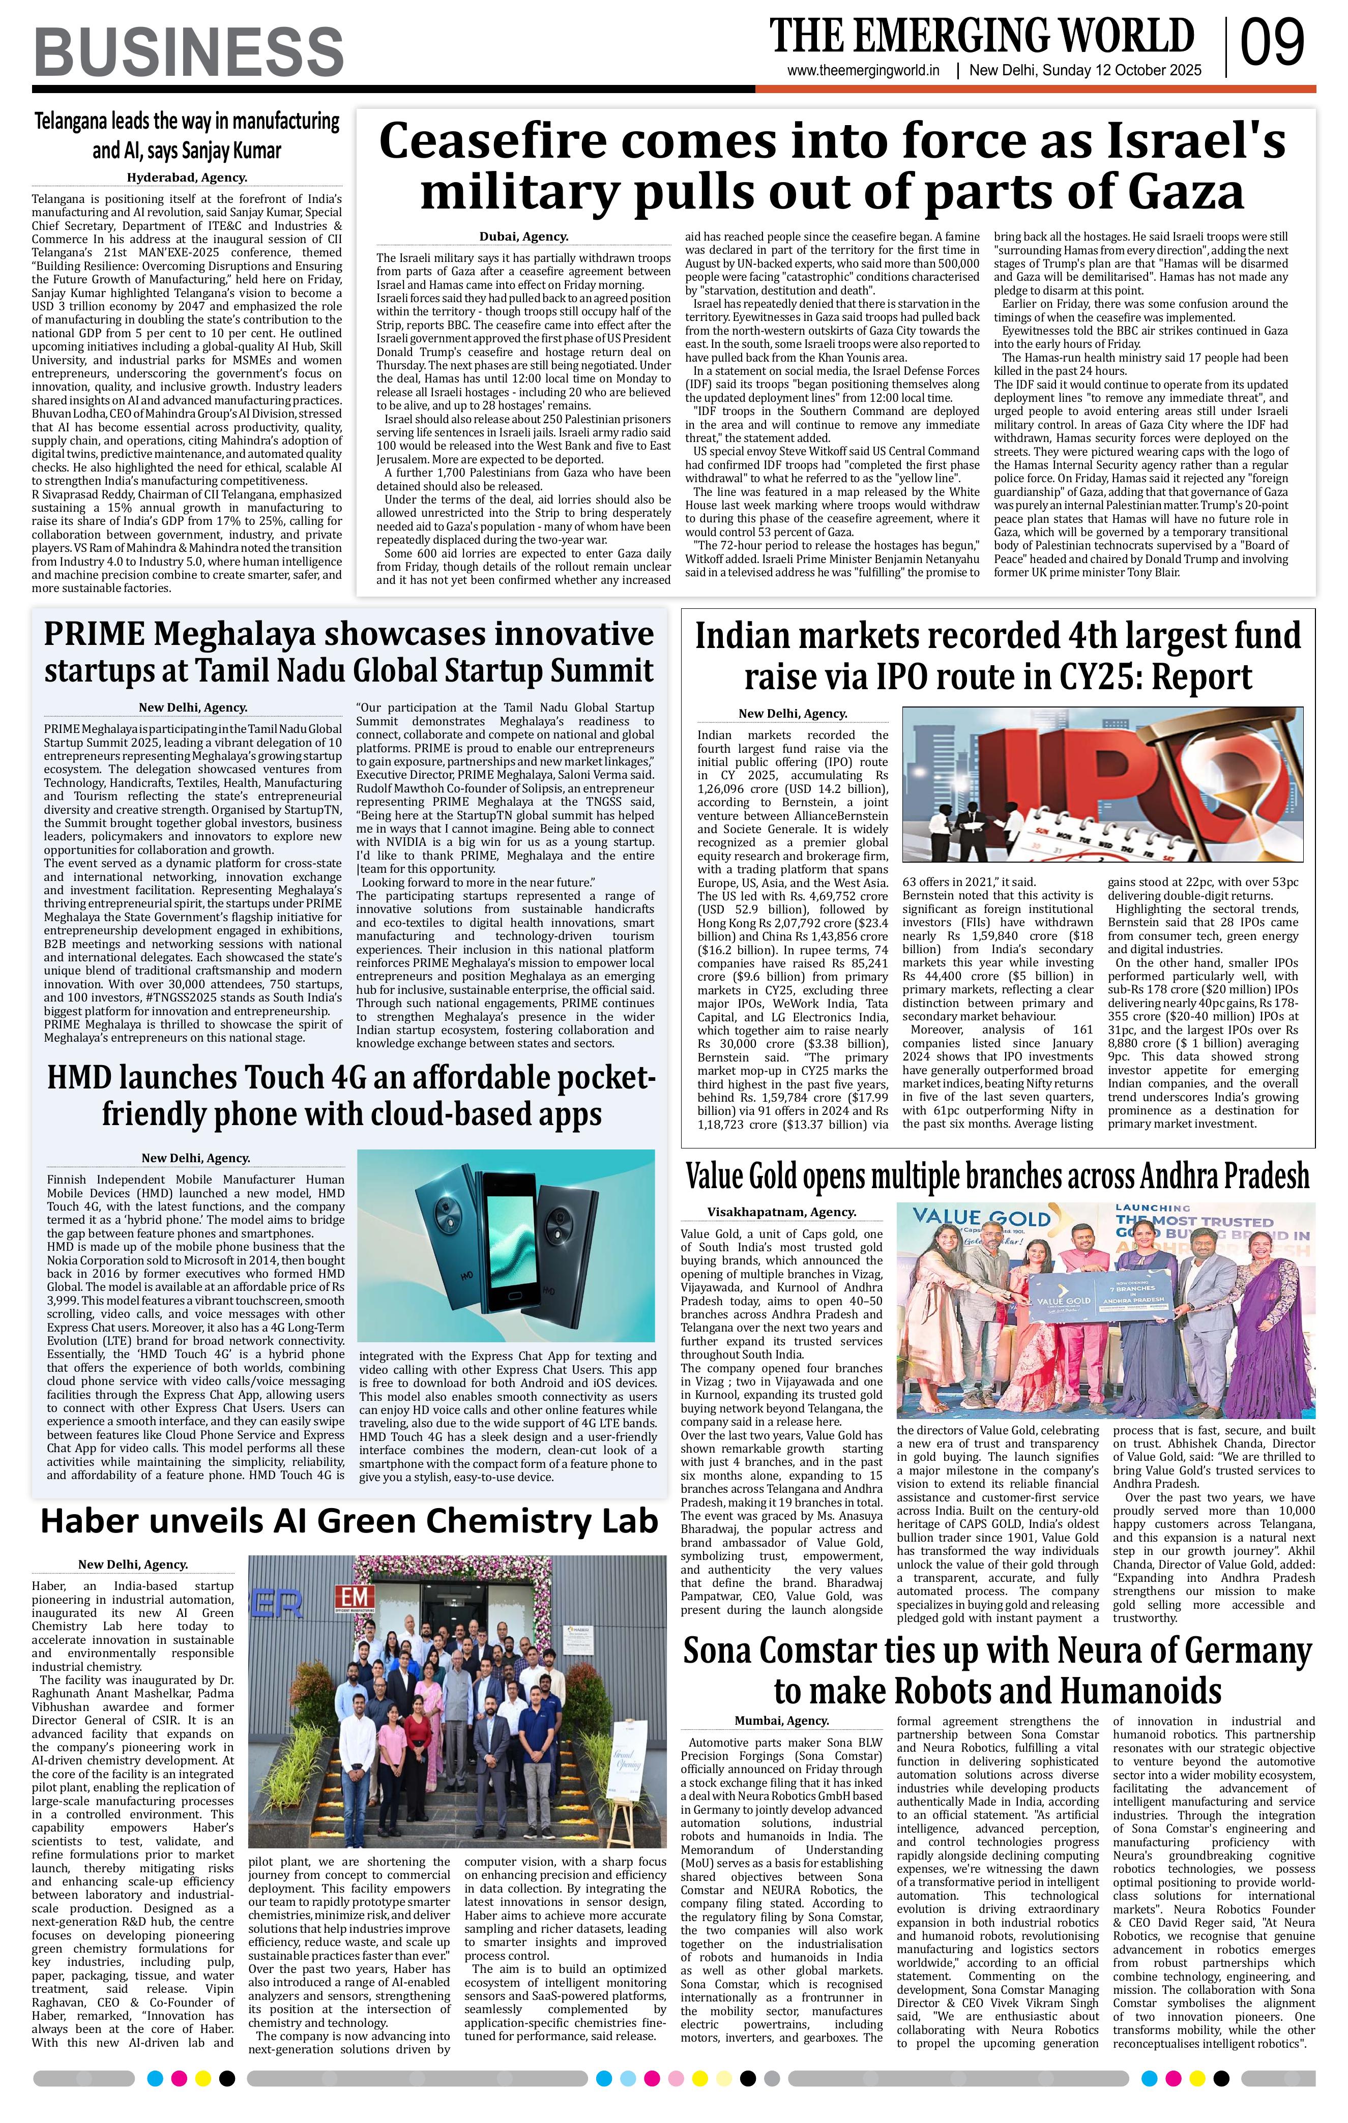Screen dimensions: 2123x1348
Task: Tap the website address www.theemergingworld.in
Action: (x=864, y=71)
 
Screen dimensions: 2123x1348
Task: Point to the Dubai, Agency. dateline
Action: (x=523, y=237)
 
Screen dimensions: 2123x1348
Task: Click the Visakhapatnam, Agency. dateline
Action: (x=781, y=1212)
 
